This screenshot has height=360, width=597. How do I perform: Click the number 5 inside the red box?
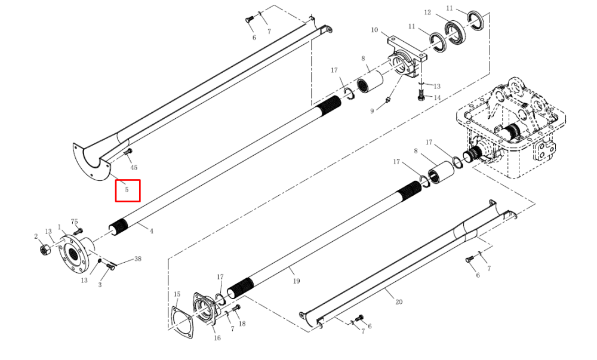[x=127, y=189]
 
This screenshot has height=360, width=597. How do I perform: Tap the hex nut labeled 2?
[x=45, y=250]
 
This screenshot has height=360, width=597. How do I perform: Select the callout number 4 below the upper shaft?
[x=151, y=231]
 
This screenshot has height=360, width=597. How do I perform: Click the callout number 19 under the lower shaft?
[x=296, y=281]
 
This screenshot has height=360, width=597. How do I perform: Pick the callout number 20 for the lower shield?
[x=399, y=302]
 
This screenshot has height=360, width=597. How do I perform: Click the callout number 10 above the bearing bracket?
[x=374, y=30]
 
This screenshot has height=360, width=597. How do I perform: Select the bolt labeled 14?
[x=421, y=95]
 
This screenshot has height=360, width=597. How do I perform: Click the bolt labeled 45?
[x=128, y=153]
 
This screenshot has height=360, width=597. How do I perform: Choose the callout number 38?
[x=138, y=259]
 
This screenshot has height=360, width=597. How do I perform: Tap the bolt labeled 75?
[x=78, y=231]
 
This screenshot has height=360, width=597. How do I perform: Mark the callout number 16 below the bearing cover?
[x=217, y=338]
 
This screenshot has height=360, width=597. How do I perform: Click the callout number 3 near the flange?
[x=100, y=285]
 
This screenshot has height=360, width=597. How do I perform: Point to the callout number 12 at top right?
[x=427, y=13]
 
